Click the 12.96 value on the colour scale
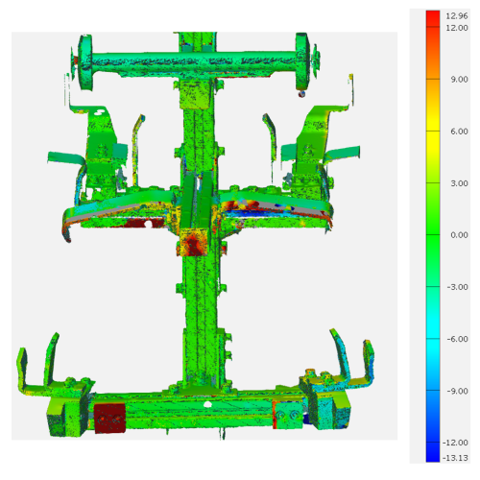457,15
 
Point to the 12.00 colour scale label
457,28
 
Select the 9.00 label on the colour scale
459,80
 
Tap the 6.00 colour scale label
459,132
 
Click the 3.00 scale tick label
459,183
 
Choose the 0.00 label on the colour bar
459,235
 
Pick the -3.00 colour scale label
457,287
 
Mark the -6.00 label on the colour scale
457,339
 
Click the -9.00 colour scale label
457,391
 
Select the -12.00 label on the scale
455,443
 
